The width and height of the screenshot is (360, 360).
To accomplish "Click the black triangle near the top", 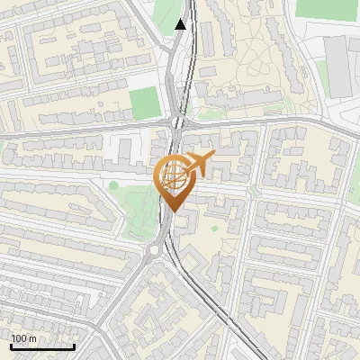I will (181, 24).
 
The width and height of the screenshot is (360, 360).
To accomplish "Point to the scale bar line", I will (42, 346).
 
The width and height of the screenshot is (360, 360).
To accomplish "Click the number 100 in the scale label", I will (21, 338).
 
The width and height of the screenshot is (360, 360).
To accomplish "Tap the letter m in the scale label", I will (33, 338).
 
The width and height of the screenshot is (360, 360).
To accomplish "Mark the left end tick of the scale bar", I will (11, 345).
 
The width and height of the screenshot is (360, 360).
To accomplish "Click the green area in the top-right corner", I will (327, 8).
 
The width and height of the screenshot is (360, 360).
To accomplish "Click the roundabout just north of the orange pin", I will (177, 122).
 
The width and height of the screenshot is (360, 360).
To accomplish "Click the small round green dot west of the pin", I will (113, 185).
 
